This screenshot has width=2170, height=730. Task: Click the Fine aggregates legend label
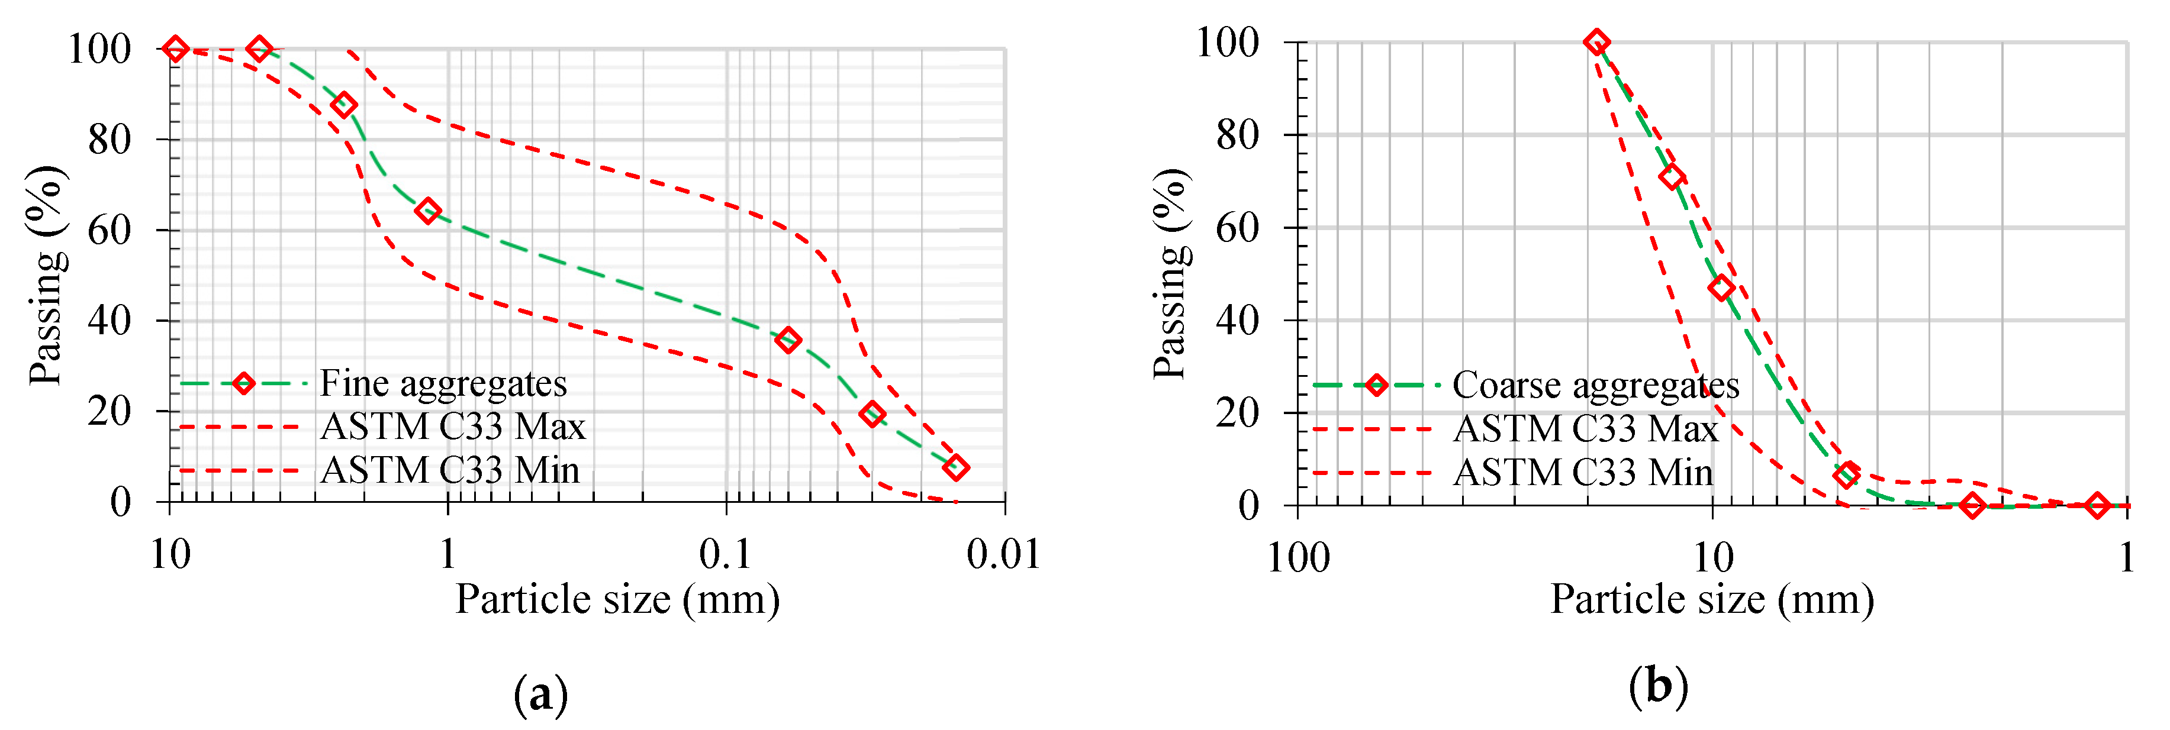click(443, 384)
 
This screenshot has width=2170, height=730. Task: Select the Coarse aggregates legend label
click(1595, 386)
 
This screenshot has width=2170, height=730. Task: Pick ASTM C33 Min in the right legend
click(1583, 472)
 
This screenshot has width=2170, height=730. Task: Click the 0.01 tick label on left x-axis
click(1003, 555)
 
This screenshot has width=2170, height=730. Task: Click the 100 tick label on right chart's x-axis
click(1298, 558)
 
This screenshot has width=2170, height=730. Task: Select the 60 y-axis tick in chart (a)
click(110, 230)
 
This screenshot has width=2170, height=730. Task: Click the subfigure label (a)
click(540, 694)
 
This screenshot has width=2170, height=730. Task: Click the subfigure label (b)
click(1658, 686)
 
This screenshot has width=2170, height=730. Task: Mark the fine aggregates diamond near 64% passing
click(428, 211)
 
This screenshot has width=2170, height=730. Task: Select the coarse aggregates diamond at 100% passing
click(1596, 42)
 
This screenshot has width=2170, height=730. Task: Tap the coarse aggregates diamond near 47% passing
click(1721, 288)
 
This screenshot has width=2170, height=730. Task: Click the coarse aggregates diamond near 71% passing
click(1672, 177)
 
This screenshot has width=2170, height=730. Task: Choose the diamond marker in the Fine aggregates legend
click(243, 383)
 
